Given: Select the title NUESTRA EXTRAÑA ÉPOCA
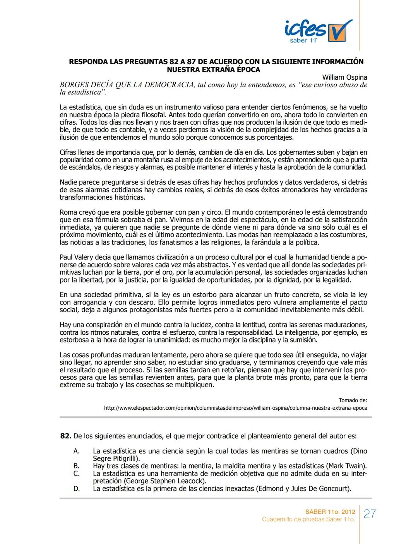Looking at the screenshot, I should point(213,70).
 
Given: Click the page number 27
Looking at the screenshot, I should point(370,514).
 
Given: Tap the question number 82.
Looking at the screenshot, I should point(65,436).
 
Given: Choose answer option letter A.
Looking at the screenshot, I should point(76,451).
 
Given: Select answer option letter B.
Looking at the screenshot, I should point(76,466).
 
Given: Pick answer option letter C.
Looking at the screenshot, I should point(76,474).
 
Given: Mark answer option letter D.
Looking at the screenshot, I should point(76,489).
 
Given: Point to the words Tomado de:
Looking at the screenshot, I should point(353,400).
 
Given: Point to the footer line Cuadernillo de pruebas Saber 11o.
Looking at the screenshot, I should point(308,519).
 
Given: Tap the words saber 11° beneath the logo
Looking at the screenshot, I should point(303,41).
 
